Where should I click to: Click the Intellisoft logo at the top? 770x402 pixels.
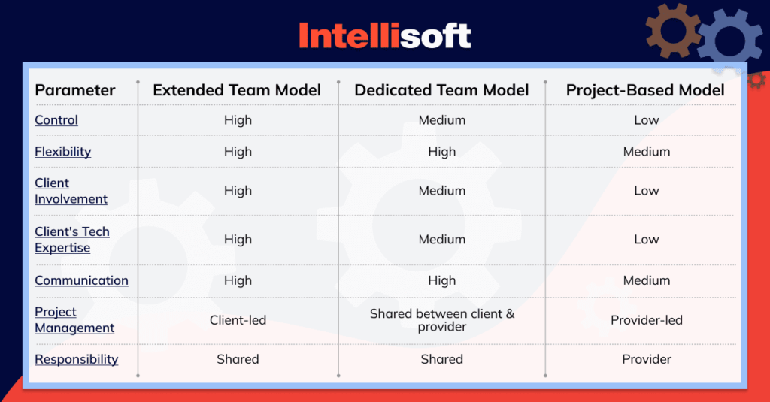click(x=384, y=35)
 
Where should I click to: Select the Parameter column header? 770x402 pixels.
click(x=75, y=90)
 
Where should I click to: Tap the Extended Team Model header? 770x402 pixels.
click(x=237, y=90)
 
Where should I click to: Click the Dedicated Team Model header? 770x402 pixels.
click(x=441, y=90)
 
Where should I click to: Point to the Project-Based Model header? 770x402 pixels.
click(x=645, y=90)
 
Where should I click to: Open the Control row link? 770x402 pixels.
click(x=56, y=120)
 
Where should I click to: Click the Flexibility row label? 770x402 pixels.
click(x=63, y=152)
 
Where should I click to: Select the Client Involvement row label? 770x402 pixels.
click(x=71, y=191)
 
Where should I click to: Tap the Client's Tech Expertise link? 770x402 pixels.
click(x=72, y=240)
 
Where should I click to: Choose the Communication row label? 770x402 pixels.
click(x=81, y=280)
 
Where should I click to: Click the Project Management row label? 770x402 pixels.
click(x=74, y=320)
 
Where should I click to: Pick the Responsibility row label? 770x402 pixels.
click(x=76, y=359)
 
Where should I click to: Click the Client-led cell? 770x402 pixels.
click(x=238, y=320)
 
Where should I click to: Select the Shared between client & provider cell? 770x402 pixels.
click(x=442, y=320)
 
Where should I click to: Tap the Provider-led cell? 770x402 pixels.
click(x=646, y=320)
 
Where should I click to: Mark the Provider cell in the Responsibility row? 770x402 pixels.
click(x=646, y=359)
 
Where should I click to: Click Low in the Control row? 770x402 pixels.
click(x=646, y=120)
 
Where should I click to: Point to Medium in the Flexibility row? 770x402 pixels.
click(x=646, y=152)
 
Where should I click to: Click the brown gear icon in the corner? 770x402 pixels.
click(x=671, y=29)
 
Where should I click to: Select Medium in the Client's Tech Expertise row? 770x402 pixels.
click(x=442, y=240)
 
